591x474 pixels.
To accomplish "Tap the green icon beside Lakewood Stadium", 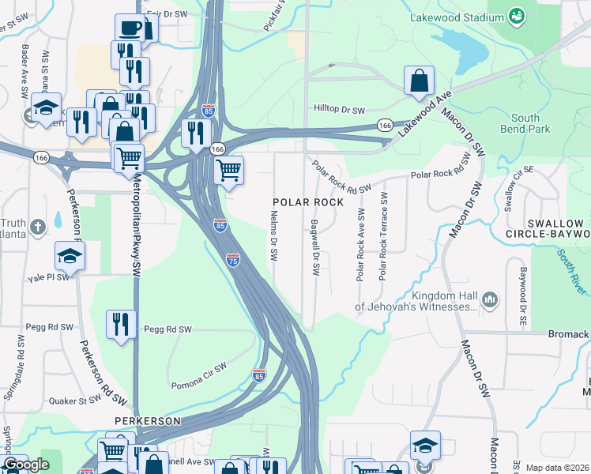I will (517, 16).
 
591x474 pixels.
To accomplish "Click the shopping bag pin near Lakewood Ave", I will (419, 81).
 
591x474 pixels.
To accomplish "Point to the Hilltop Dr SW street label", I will (339, 110).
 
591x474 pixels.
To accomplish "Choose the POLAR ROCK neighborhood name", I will (308, 202).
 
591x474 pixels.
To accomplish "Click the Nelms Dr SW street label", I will (274, 235).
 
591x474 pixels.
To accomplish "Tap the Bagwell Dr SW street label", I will (315, 247).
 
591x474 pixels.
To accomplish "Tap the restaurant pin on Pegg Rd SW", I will (121, 325).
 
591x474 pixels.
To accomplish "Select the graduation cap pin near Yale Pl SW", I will (70, 256).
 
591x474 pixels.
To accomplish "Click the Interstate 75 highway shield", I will (233, 260).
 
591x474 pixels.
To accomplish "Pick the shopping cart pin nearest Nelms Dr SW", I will (228, 170).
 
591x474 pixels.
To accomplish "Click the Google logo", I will (26, 465).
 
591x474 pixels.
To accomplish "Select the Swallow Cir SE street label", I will (510, 190).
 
